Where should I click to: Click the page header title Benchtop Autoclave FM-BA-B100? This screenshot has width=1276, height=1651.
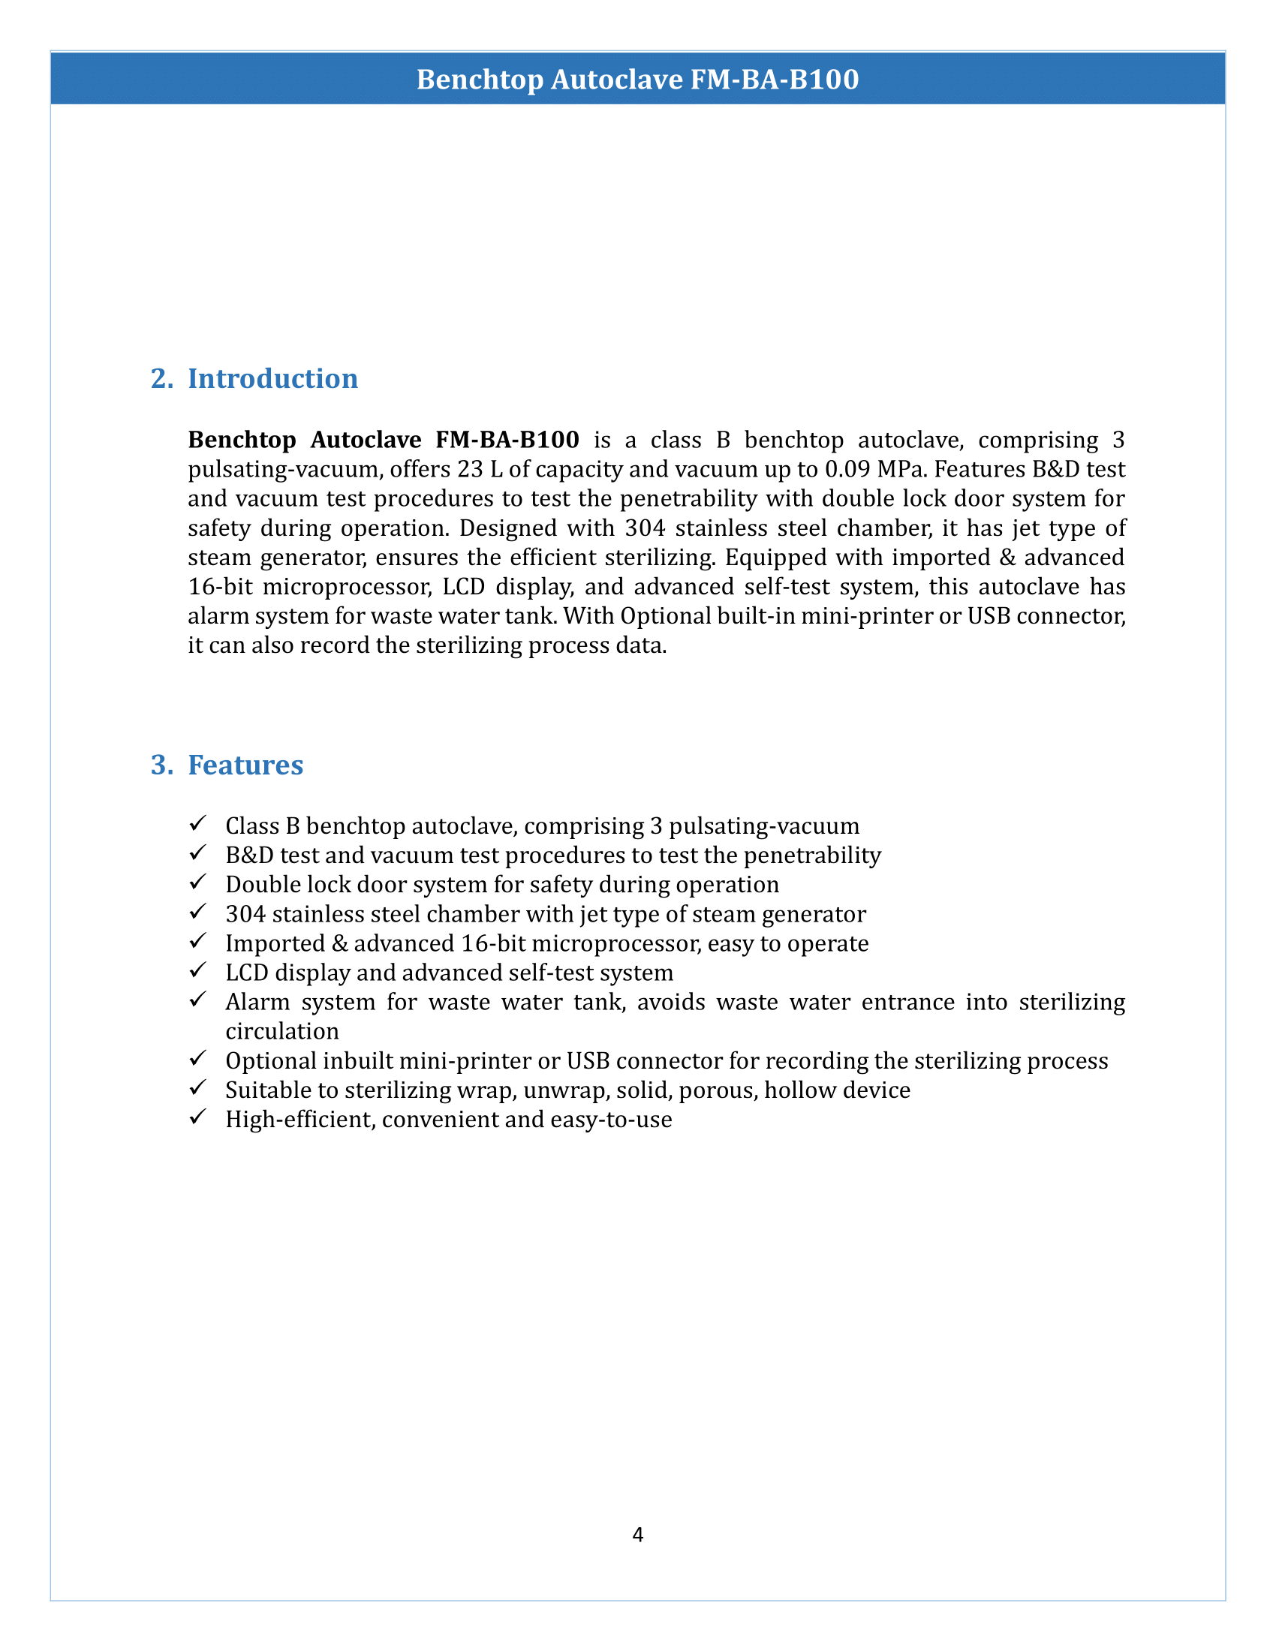pos(637,80)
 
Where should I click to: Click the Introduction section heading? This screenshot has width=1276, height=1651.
pos(272,379)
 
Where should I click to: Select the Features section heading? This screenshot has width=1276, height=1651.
pos(245,765)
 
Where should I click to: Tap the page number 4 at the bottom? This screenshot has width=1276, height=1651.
pos(637,1535)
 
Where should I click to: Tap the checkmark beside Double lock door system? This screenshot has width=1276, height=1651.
pos(198,882)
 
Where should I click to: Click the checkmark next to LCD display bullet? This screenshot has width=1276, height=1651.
pos(198,970)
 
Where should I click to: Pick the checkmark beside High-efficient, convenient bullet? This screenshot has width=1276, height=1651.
pos(198,1117)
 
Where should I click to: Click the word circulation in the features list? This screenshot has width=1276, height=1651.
pos(282,1032)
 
